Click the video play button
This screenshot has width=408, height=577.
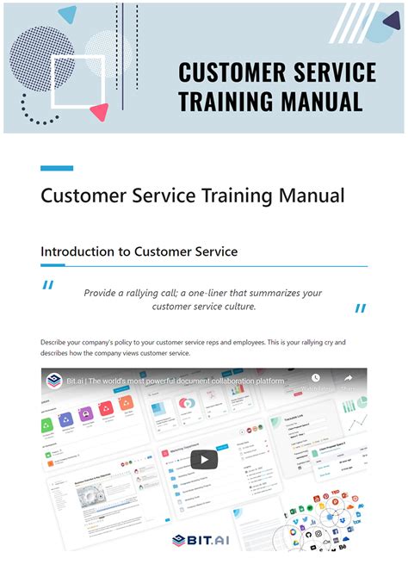click(x=204, y=459)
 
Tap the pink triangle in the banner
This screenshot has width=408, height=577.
click(x=100, y=111)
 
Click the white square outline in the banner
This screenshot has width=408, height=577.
click(x=78, y=81)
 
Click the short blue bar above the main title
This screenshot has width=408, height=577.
click(x=57, y=168)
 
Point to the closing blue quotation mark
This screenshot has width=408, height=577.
click(x=360, y=307)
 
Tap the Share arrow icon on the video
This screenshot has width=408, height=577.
click(x=349, y=378)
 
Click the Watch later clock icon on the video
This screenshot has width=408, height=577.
click(x=316, y=378)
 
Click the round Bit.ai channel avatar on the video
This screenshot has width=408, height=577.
click(x=54, y=380)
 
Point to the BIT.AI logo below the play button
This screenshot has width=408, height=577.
click(x=204, y=540)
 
